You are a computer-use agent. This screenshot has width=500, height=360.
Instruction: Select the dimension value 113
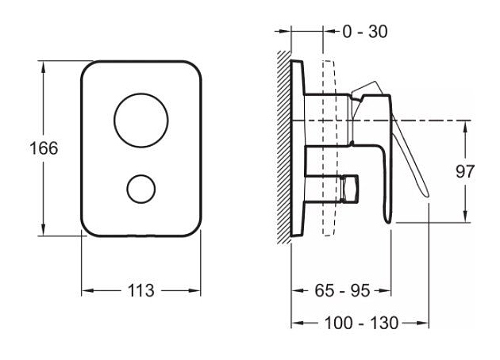[141, 290]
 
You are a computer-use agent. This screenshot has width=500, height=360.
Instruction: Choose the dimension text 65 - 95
[341, 291]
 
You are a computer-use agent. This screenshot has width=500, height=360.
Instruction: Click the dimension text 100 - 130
[360, 324]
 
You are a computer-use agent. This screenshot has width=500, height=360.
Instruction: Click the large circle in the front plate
[141, 120]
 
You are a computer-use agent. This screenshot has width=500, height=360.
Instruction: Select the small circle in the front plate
[141, 190]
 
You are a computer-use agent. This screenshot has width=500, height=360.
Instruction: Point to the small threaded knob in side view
[348, 190]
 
